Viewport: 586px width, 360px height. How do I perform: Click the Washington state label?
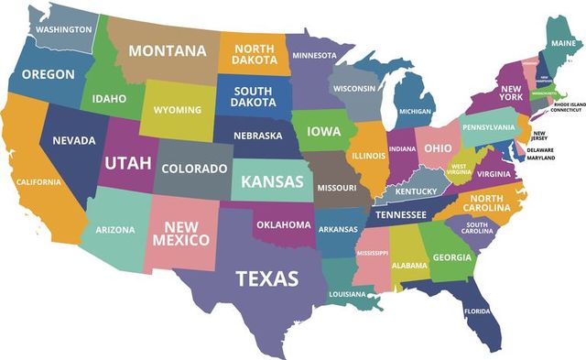point(63,29)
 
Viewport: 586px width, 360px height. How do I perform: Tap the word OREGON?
point(48,74)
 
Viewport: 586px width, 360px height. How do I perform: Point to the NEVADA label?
point(74,140)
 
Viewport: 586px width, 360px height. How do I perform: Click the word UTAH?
point(128,163)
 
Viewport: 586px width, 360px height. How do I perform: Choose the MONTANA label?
point(167,51)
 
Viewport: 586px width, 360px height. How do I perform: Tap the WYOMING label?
point(177,110)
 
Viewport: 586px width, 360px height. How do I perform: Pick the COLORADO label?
point(194,169)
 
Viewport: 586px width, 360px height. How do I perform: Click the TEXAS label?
point(266,278)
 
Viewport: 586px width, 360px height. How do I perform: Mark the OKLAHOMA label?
point(284,224)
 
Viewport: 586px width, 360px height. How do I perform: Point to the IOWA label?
point(323,131)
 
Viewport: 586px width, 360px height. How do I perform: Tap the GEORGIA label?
point(452,257)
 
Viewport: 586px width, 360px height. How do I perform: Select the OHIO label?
point(437,148)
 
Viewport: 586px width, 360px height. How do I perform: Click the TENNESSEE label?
point(401,214)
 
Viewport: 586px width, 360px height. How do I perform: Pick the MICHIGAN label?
point(415,112)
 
